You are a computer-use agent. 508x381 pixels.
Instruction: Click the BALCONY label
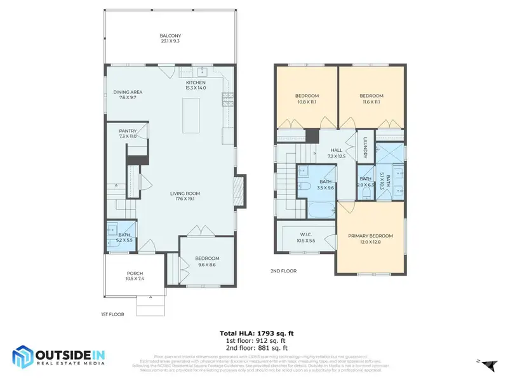170,36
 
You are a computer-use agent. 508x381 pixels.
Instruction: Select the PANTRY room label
128,131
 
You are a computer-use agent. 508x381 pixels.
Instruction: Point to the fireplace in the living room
239,189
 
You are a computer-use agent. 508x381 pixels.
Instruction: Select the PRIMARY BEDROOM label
370,236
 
